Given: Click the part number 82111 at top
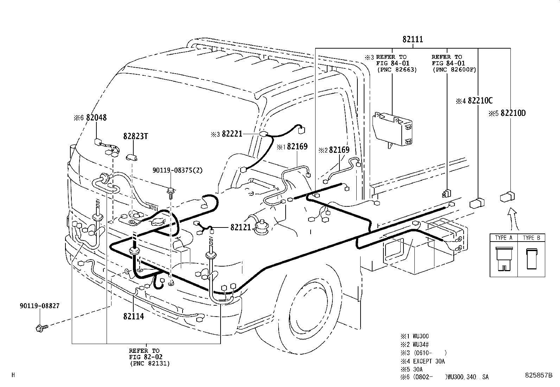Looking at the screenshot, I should point(413,39).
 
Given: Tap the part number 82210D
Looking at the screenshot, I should point(513,113).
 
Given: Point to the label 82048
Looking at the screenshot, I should point(96,118).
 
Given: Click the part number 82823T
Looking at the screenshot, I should point(135,136).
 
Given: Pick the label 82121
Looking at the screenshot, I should point(241,227).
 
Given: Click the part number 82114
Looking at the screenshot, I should point(133,316).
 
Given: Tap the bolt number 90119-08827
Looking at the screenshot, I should point(40,306).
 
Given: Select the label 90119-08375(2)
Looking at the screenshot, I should point(178,170).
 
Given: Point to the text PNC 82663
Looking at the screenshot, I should point(397,70).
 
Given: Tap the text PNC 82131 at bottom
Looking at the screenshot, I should point(149,363).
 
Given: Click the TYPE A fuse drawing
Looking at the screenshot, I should point(503,260).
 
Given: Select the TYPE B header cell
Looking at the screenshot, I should point(531,238).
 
